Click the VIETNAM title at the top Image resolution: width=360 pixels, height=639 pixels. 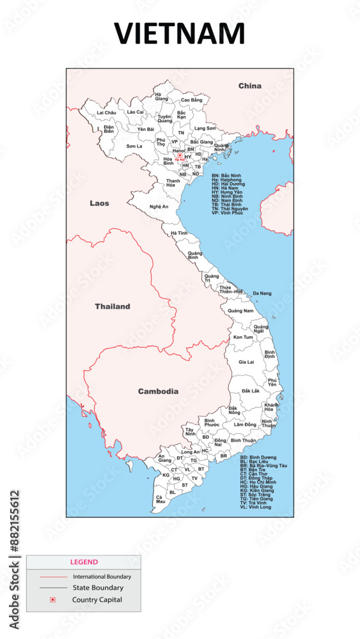180,33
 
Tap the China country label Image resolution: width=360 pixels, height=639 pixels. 250,86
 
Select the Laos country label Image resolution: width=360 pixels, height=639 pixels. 99,203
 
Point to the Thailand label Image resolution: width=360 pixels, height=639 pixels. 113,306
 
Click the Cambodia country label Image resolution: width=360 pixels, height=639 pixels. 158,391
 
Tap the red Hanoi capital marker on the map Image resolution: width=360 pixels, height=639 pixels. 180,155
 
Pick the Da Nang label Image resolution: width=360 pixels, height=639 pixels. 262,293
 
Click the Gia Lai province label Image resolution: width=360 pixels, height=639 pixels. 246,362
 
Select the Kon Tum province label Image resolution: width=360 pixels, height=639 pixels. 243,337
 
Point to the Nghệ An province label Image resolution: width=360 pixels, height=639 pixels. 159,206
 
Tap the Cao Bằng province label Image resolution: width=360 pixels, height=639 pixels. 191,100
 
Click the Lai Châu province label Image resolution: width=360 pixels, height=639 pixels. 106,112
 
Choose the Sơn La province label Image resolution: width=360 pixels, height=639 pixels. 134,146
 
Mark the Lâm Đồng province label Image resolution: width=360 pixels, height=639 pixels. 245,424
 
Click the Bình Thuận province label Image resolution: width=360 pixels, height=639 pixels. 244,440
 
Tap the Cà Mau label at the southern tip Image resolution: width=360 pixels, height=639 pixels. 159,499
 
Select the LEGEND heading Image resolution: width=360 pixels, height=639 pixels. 83,562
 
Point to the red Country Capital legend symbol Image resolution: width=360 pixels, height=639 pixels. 52,599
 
